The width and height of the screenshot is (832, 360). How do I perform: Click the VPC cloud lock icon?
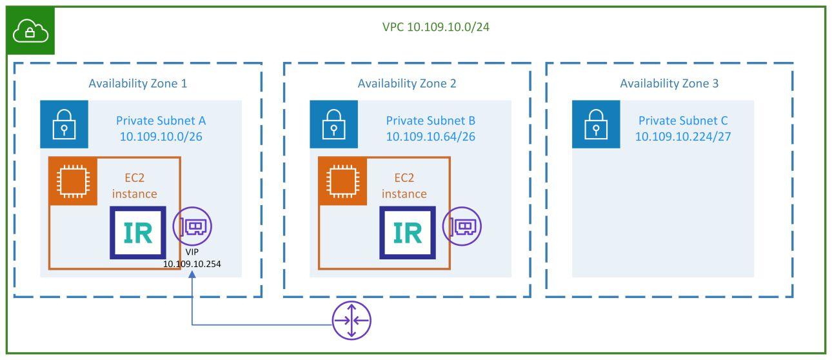31,30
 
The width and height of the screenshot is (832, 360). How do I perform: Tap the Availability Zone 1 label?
138,83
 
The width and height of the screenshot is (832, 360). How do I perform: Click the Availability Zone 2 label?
407,83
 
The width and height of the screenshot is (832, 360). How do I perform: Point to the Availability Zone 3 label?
669,83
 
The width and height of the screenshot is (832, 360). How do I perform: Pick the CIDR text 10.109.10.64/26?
431,136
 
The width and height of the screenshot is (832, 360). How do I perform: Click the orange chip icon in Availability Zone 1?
73,181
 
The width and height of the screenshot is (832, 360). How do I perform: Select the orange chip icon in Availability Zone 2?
342,181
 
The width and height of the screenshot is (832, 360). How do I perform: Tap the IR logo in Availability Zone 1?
138,232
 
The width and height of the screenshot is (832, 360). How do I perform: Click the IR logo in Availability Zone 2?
407,232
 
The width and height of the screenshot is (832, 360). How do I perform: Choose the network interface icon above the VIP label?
192,226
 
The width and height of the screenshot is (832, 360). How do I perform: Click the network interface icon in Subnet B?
462,226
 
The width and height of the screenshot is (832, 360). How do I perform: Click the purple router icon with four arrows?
352,321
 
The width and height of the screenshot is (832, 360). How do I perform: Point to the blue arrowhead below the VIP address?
192,275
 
